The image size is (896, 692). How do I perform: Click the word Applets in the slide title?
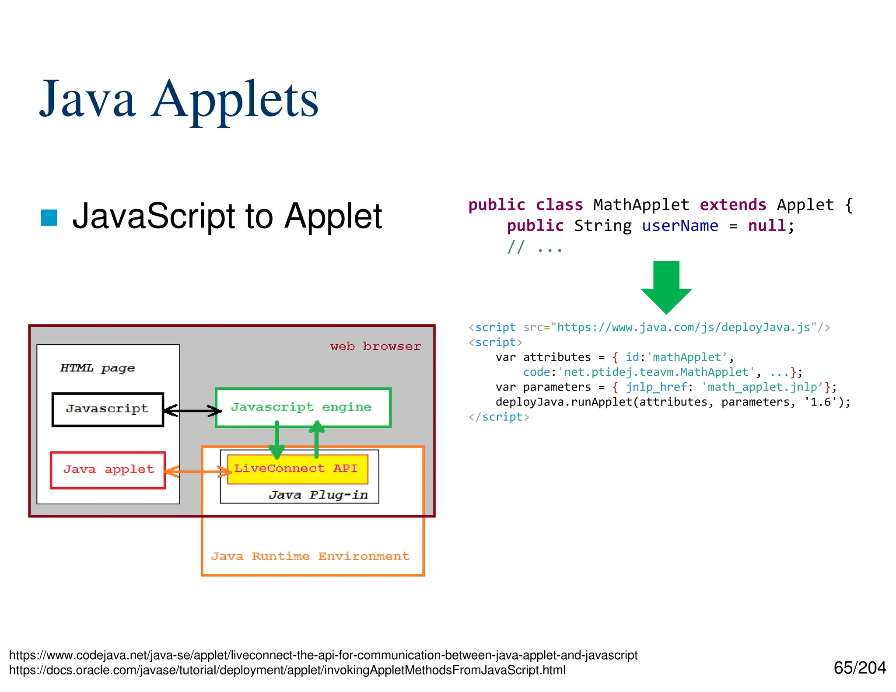pyautogui.click(x=235, y=101)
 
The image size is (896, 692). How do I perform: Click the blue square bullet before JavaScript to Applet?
pyautogui.click(x=49, y=218)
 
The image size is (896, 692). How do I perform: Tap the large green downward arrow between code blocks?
pyautogui.click(x=666, y=287)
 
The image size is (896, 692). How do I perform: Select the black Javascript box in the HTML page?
pyautogui.click(x=108, y=409)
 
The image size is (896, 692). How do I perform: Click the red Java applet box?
pyautogui.click(x=108, y=470)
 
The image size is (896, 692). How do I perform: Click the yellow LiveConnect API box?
pyautogui.click(x=297, y=469)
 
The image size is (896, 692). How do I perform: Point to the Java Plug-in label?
pyautogui.click(x=318, y=495)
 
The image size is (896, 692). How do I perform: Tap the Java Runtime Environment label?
pyautogui.click(x=310, y=556)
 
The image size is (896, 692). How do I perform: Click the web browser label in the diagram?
pyautogui.click(x=375, y=346)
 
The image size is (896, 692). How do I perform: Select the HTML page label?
pyautogui.click(x=97, y=368)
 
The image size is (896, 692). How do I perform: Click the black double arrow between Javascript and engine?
pyautogui.click(x=192, y=410)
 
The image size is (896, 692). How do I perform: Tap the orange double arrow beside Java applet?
pyautogui.click(x=198, y=471)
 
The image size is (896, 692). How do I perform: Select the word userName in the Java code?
pyautogui.click(x=680, y=226)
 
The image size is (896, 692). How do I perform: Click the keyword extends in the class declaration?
pyautogui.click(x=733, y=205)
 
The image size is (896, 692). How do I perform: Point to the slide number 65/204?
pyautogui.click(x=859, y=668)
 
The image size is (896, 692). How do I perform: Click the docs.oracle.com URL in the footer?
pyautogui.click(x=287, y=670)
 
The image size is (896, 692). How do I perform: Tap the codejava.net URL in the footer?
pyautogui.click(x=323, y=655)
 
